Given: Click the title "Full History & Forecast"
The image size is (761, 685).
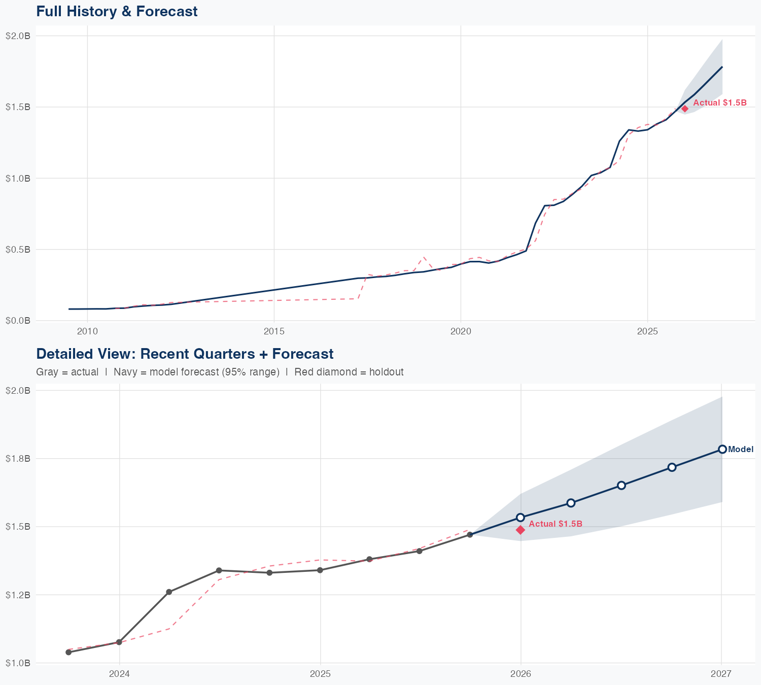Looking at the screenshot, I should (x=117, y=11).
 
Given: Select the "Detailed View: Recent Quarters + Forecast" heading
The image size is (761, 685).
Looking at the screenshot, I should (x=185, y=354).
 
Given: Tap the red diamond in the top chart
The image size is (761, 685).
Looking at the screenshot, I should (x=684, y=108).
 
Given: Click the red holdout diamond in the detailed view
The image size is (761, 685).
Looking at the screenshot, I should (x=520, y=530).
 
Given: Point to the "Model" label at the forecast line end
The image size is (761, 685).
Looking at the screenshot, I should (x=741, y=449).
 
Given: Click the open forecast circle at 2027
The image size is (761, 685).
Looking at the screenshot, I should (x=722, y=449).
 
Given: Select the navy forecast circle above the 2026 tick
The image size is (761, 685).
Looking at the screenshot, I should (x=520, y=518).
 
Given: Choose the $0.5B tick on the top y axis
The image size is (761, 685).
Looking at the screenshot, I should (x=18, y=250).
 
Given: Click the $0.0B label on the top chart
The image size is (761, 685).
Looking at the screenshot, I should (x=18, y=321).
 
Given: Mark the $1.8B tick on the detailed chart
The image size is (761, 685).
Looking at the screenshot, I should (x=18, y=458).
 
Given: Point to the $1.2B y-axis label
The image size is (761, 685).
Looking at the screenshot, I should (x=18, y=595).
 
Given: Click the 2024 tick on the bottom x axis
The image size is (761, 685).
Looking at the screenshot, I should (x=119, y=674).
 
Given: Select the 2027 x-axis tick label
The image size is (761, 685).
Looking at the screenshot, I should (x=721, y=674).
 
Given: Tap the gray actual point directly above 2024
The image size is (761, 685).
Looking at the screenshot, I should (x=119, y=642).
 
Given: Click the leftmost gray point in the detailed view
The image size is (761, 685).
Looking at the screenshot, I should (x=68, y=652).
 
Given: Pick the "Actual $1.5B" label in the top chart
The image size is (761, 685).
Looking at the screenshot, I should (x=720, y=102).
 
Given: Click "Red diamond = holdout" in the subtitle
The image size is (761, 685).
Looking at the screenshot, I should (x=349, y=372).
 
